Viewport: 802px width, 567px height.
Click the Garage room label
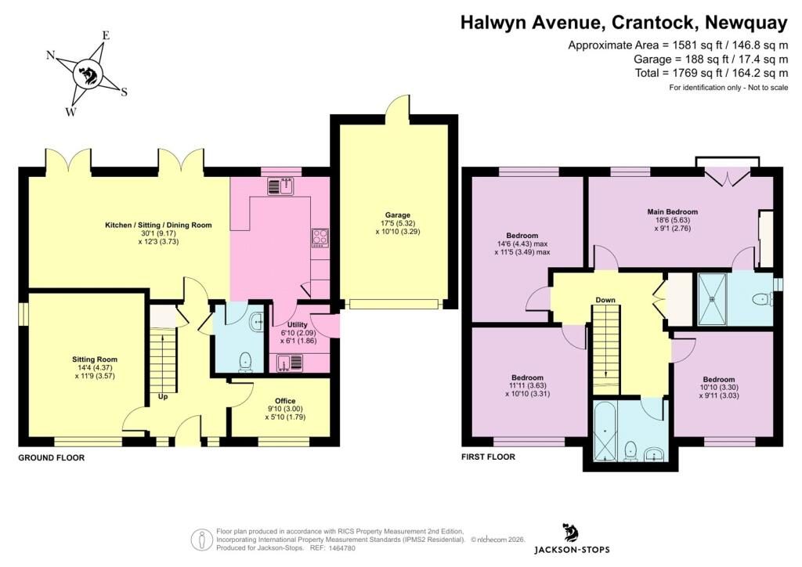pyautogui.click(x=397, y=215)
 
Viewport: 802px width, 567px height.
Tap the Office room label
pyautogui.click(x=285, y=401)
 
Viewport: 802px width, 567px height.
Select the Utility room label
pyautogui.click(x=297, y=325)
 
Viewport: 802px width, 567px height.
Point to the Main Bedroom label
pyautogui.click(x=672, y=211)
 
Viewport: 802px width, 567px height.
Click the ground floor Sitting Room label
pyautogui.click(x=95, y=359)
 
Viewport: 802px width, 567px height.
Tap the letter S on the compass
pyautogui.click(x=124, y=92)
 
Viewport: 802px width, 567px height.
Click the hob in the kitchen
pyautogui.click(x=320, y=238)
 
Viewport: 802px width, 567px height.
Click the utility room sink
pyautogui.click(x=290, y=363)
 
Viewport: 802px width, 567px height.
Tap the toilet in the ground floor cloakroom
pyautogui.click(x=246, y=361)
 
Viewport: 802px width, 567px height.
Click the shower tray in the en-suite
pyautogui.click(x=712, y=299)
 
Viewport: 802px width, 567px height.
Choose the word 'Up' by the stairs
pyautogui.click(x=163, y=396)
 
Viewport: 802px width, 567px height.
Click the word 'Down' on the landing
pyautogui.click(x=605, y=300)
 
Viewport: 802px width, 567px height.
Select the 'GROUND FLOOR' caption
pyautogui.click(x=51, y=457)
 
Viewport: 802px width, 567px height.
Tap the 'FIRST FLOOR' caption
pyautogui.click(x=488, y=457)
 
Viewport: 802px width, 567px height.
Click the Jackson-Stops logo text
pyautogui.click(x=572, y=550)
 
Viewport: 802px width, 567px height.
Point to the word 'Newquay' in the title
pyautogui.click(x=746, y=23)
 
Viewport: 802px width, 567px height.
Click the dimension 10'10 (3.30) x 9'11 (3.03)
pyautogui.click(x=719, y=391)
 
